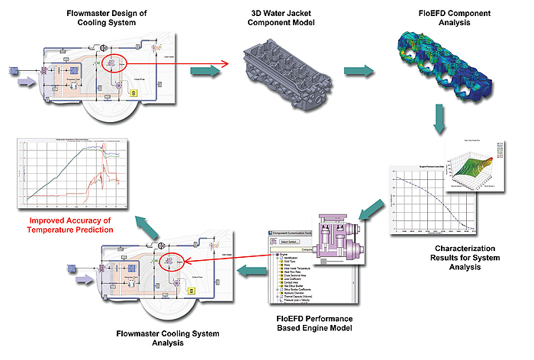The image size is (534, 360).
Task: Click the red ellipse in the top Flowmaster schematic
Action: (116, 62)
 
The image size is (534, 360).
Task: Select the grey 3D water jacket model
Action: (284, 67)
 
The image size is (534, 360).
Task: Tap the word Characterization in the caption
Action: (448, 249)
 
